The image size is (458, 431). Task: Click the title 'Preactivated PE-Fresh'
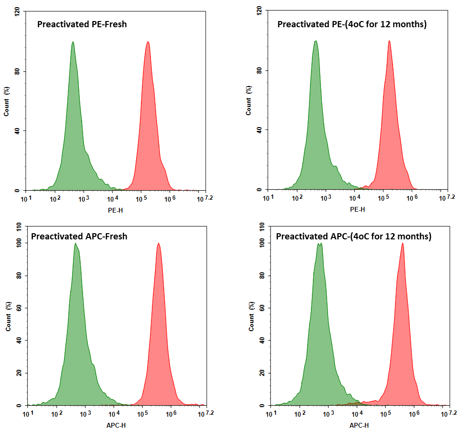pyautogui.click(x=82, y=24)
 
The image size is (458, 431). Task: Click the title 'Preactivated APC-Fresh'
pyautogui.click(x=79, y=236)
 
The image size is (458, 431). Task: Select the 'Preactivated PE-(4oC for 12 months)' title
pyautogui.click(x=352, y=24)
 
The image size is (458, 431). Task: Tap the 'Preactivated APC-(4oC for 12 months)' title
pyautogui.click(x=354, y=236)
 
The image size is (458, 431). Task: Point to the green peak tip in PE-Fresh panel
pyautogui.click(x=73, y=42)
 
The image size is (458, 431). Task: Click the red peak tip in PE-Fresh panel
pyautogui.click(x=148, y=42)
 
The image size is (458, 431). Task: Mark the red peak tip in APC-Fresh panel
pyautogui.click(x=159, y=244)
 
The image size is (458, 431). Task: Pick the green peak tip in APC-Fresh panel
pyautogui.click(x=75, y=244)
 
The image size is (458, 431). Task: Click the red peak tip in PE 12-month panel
pyautogui.click(x=389, y=41)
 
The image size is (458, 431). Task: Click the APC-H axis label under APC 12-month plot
pyautogui.click(x=359, y=425)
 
